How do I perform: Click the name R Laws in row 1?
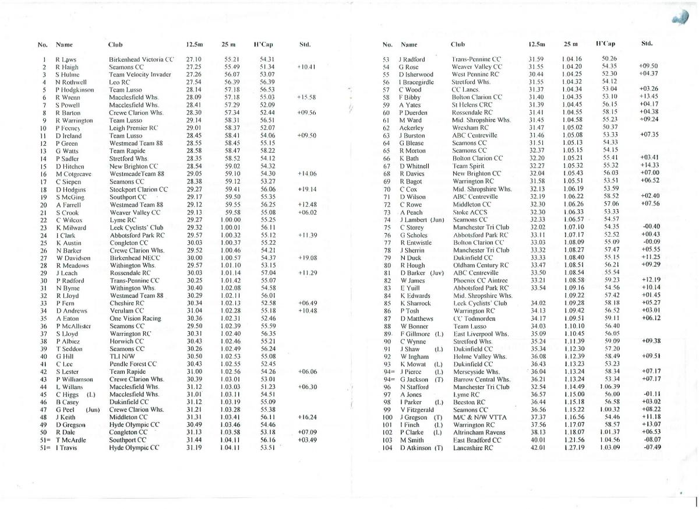pyautogui.click(x=66, y=59)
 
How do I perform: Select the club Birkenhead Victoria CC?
pyautogui.click(x=142, y=59)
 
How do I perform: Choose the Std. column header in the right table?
pyautogui.click(x=647, y=43)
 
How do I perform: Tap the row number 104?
pyautogui.click(x=387, y=448)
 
